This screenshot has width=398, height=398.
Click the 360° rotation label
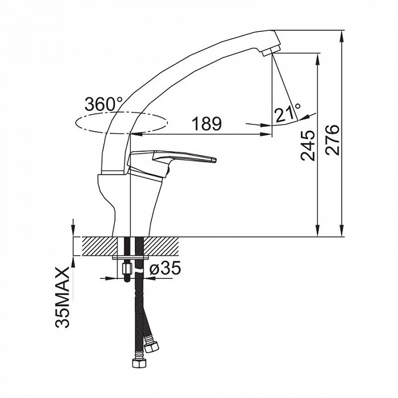pos(103,104)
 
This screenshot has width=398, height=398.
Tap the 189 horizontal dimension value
pos(206,124)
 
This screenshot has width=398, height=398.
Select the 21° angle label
pos(288,112)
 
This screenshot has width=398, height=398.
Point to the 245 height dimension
pos(308,146)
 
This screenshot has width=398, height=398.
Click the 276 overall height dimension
pos(332,139)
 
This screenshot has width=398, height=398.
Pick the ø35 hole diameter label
pos(165,268)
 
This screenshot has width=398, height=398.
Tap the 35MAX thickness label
pos(62,297)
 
